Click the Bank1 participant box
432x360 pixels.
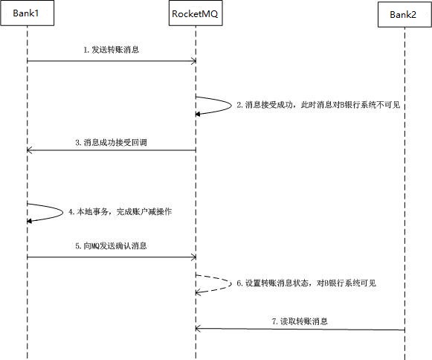[x=27, y=13]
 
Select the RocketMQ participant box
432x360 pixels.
[x=196, y=13]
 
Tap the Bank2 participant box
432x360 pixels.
[x=404, y=14]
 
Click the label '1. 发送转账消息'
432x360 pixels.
[x=112, y=50]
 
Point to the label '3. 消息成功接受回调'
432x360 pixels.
[x=111, y=143]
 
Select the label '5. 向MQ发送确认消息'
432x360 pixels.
[x=111, y=246]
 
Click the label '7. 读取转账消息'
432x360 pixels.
[x=300, y=321]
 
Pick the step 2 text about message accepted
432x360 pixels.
[x=318, y=105]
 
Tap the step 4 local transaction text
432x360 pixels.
[x=120, y=212]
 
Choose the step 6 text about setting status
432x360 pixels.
[x=306, y=283]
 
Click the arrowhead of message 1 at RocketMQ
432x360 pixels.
[x=194, y=61]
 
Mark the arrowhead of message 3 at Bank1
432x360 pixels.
[x=29, y=150]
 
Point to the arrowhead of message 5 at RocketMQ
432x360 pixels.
[x=194, y=257]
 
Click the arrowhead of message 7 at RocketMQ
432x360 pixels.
[x=198, y=329]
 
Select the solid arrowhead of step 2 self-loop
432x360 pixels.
[x=197, y=114]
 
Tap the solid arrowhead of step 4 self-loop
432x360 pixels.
[x=29, y=221]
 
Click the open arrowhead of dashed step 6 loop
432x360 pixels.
[x=198, y=293]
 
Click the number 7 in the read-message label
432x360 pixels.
[x=274, y=321]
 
